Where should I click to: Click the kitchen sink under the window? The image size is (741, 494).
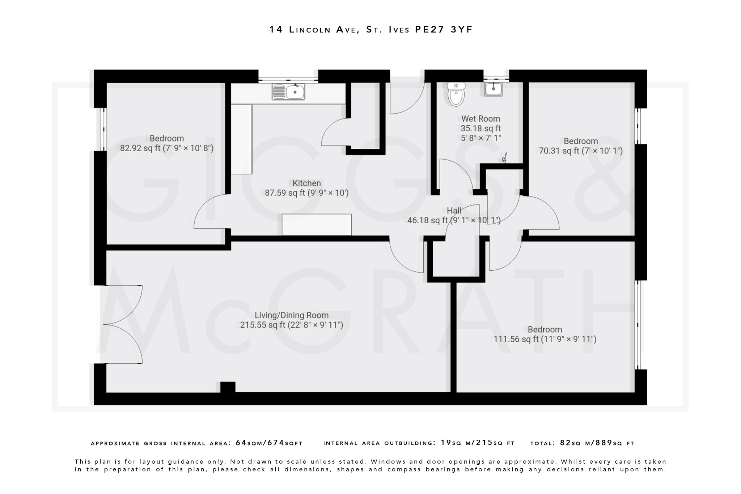[288, 92]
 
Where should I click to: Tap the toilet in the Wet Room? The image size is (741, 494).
[456, 94]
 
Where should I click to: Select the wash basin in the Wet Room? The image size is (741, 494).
[494, 89]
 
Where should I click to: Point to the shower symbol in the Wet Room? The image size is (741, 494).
[504, 158]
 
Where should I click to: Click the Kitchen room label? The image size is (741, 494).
[306, 183]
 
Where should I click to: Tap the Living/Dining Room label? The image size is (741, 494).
[291, 315]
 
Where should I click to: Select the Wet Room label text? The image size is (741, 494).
[480, 119]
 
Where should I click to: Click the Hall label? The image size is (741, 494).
[454, 211]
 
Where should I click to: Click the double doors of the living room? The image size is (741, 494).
[122, 324]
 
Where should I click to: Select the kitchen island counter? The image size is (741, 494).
[317, 225]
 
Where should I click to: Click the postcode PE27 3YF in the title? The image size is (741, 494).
[444, 30]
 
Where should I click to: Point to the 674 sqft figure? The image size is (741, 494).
[275, 443]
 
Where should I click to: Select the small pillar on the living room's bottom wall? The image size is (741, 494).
[228, 387]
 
